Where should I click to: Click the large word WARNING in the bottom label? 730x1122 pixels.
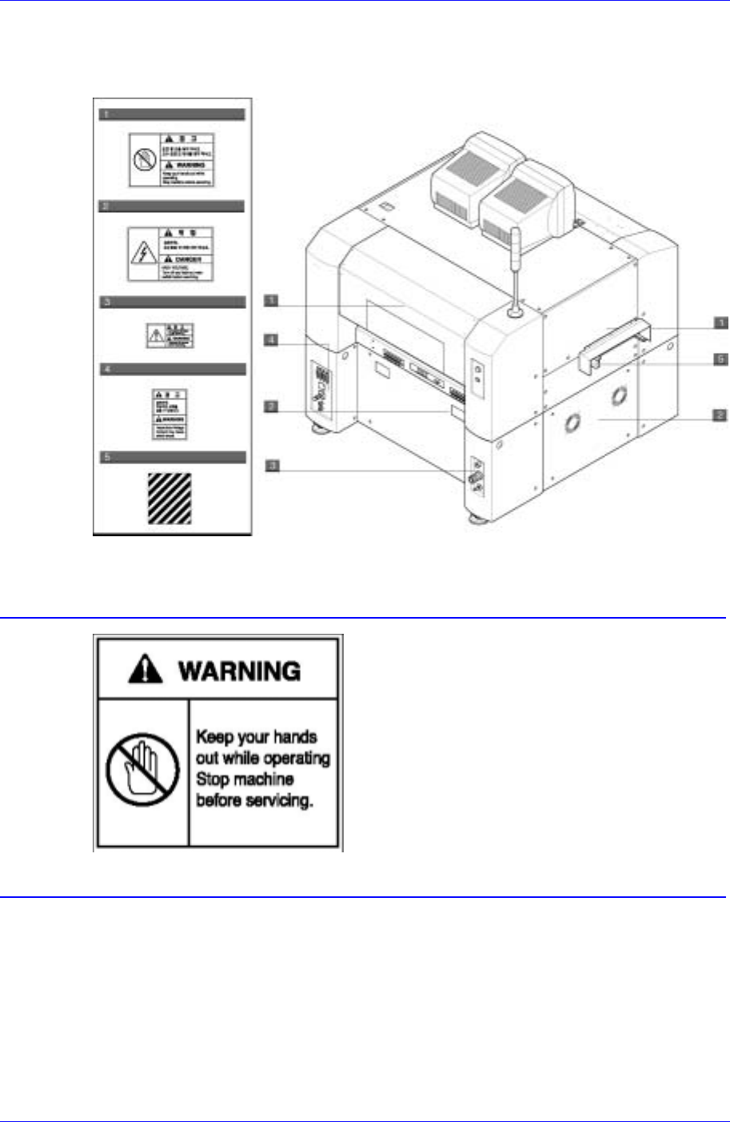[x=240, y=671]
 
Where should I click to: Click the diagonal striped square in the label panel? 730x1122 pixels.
[x=170, y=498]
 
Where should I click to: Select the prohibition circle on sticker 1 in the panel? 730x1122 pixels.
[x=144, y=159]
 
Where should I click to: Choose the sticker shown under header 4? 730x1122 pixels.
[x=170, y=414]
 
